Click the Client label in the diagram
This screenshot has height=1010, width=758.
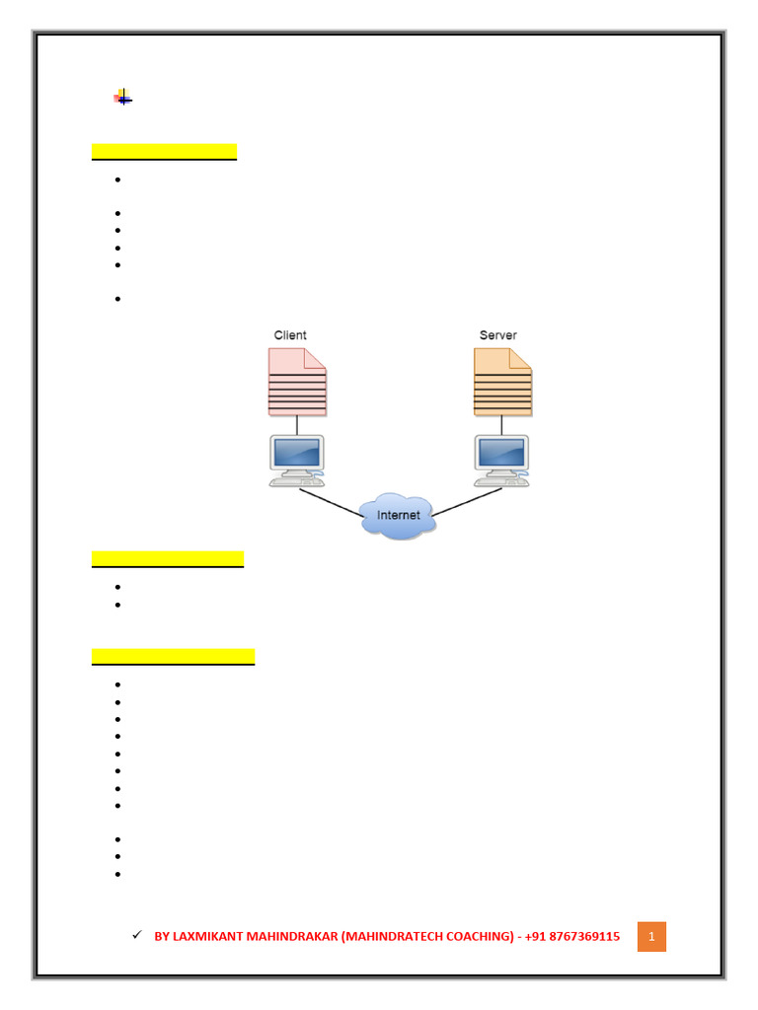(290, 335)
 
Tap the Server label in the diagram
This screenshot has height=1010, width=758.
(497, 335)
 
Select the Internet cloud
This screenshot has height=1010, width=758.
(398, 515)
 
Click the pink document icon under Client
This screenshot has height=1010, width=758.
(297, 382)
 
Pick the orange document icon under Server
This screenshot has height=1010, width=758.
(502, 382)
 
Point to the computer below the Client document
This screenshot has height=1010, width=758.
(297, 460)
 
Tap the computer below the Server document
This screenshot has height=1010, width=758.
(502, 460)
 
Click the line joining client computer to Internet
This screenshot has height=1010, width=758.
(332, 503)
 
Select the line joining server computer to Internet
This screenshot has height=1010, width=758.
(466, 503)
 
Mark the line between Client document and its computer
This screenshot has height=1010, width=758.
(297, 425)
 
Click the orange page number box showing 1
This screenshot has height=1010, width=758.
(651, 936)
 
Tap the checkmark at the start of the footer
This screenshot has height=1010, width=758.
(137, 934)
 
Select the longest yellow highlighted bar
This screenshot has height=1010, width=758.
(173, 656)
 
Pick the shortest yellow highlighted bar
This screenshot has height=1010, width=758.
(164, 151)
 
